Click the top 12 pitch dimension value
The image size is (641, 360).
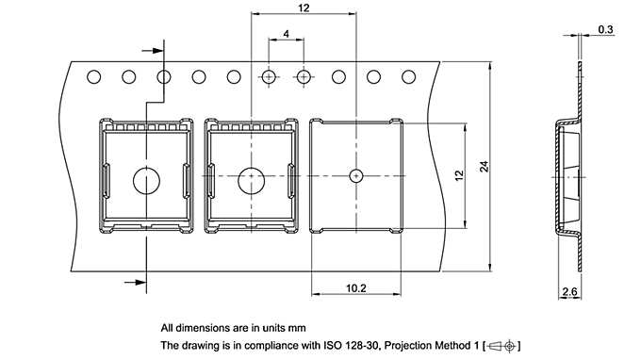pyautogui.click(x=303, y=8)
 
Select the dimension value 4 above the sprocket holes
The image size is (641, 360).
pyautogui.click(x=286, y=34)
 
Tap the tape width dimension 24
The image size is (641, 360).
pyautogui.click(x=485, y=167)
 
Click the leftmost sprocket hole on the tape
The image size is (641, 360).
pyautogui.click(x=94, y=76)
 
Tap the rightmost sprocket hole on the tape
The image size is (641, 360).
pyautogui.click(x=408, y=76)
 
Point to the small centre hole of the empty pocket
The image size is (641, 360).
pyautogui.click(x=356, y=175)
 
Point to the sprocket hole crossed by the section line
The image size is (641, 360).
pyautogui.click(x=164, y=76)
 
